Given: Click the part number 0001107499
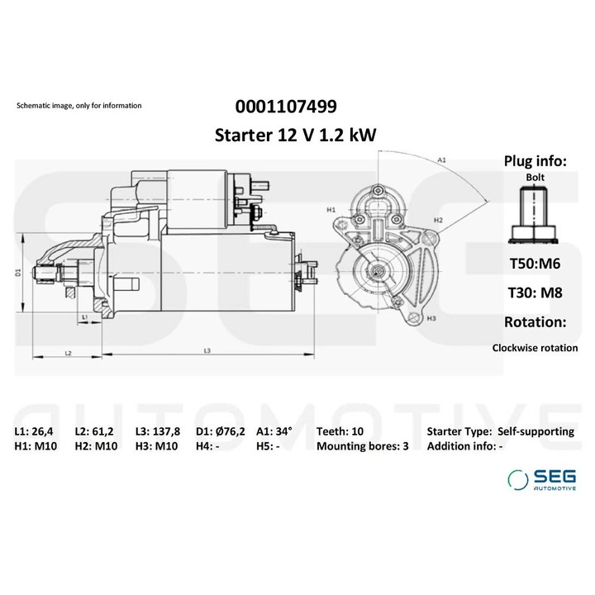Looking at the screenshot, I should pos(286,107).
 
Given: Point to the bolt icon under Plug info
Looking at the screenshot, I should pos(535,215).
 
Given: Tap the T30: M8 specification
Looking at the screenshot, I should pos(535,292).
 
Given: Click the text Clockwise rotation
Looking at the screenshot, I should pos(535,348).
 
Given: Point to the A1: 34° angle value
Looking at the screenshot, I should pos(275,431).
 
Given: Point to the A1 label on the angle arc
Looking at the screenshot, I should pos(442,159).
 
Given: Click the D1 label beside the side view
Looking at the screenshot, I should pos(18,272).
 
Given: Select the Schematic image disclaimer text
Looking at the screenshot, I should pos(79,106).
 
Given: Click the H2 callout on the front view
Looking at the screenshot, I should pos(438,221).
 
